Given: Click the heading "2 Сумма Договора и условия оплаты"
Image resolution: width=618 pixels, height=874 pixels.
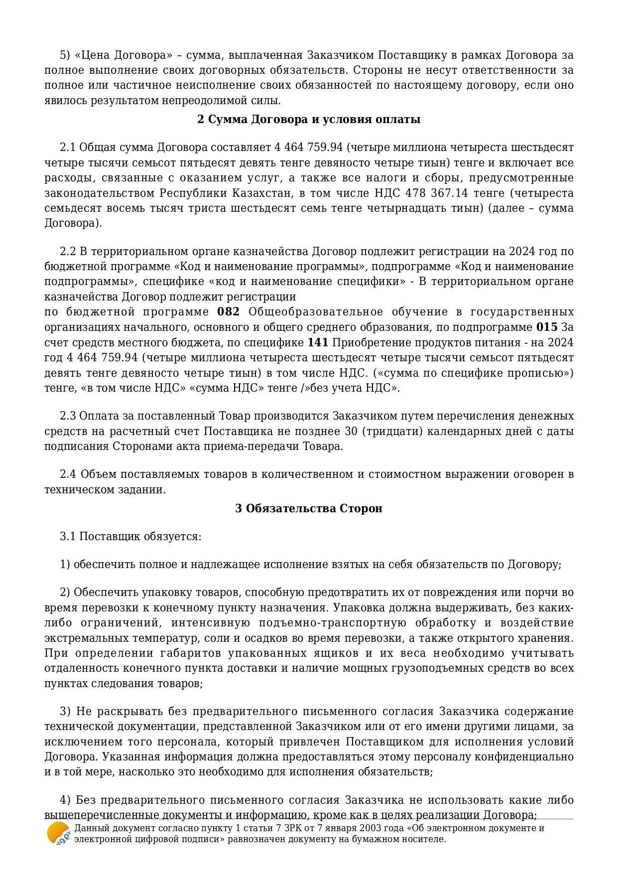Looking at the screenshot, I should (309, 120).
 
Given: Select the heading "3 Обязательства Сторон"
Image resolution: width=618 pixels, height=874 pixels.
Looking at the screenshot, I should (309, 508).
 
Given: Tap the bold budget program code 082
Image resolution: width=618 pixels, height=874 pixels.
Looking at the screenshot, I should (229, 312).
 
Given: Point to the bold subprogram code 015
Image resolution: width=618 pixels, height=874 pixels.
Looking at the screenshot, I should (547, 327).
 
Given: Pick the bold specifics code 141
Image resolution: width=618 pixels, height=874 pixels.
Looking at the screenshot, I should (318, 343).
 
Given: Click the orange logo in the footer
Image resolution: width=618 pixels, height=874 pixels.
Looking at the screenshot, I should (58, 834).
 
